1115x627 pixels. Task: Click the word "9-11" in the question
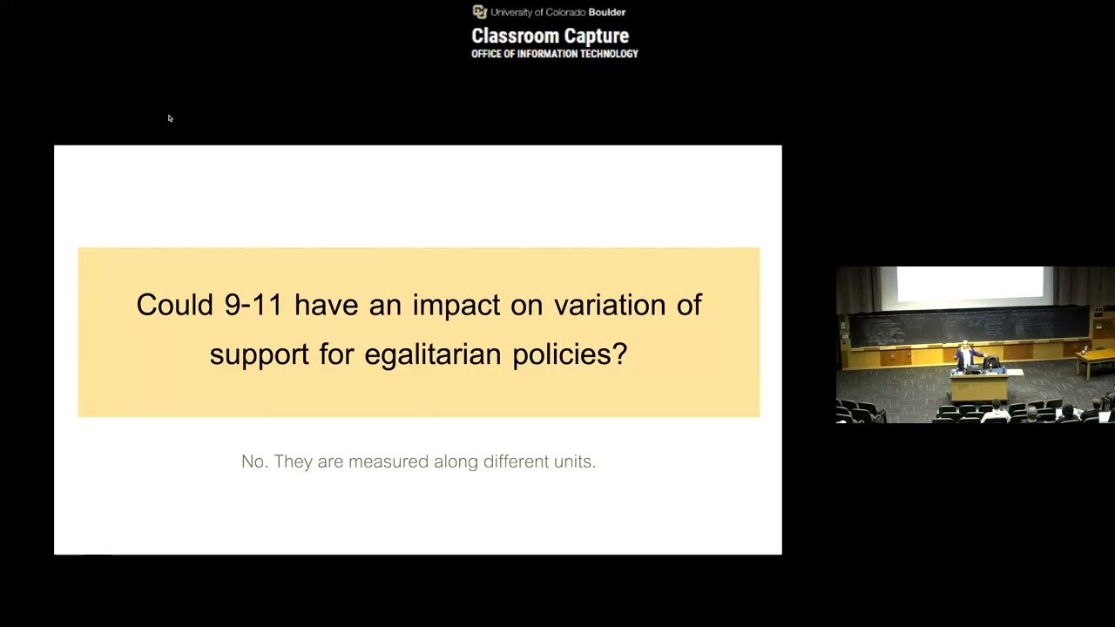click(253, 305)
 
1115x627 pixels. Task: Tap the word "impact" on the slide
click(456, 306)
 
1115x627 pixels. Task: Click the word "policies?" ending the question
click(570, 354)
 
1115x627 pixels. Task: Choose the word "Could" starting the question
click(174, 305)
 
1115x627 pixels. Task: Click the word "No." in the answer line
click(254, 462)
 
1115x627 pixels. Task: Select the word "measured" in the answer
click(388, 462)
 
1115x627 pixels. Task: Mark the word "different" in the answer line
click(516, 462)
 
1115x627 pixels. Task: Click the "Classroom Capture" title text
click(550, 36)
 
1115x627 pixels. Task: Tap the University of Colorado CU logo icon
click(479, 11)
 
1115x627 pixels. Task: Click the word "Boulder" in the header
click(607, 12)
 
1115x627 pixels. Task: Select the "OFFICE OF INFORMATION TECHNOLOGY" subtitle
click(555, 54)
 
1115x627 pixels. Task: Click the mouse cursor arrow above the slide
click(170, 118)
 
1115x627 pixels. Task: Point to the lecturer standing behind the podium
click(964, 357)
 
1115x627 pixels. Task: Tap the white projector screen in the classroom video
click(970, 284)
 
